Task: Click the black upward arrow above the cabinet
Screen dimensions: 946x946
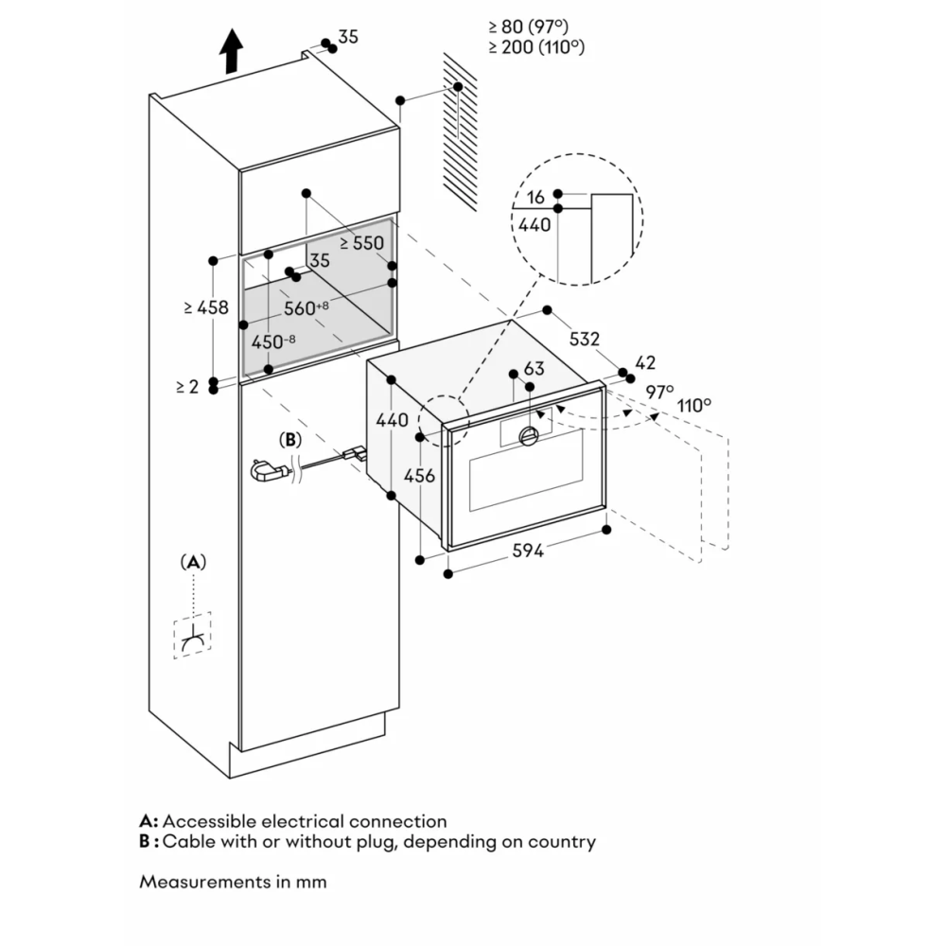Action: (230, 52)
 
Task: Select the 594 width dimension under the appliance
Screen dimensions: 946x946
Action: (528, 551)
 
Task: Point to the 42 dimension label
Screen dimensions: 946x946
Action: (645, 362)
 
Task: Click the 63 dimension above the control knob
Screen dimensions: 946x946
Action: (534, 368)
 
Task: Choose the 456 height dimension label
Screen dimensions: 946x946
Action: (419, 476)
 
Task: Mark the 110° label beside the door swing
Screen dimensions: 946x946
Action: (693, 405)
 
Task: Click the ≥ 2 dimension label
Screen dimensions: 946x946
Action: (186, 386)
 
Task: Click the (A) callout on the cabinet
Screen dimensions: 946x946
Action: (193, 562)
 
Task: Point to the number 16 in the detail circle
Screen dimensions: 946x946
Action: (536, 197)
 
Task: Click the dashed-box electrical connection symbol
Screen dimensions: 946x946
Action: (192, 635)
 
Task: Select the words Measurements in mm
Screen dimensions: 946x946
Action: (233, 881)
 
